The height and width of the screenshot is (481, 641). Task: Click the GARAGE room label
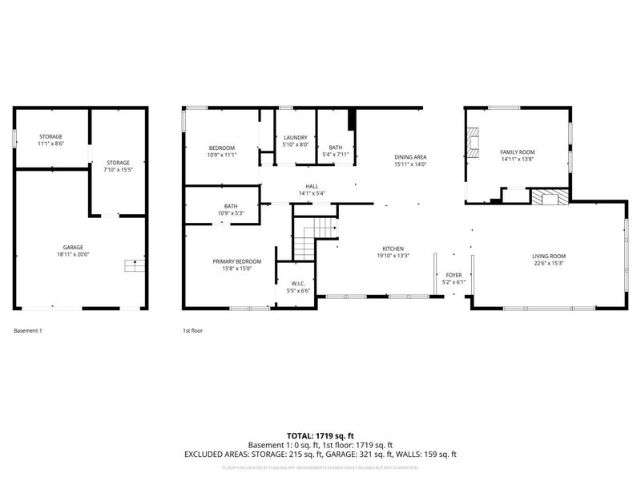pos(74,247)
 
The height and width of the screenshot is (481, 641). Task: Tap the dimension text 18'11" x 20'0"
pos(74,255)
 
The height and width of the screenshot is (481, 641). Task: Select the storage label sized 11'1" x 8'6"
pos(50,137)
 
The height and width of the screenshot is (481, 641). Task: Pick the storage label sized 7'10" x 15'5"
pos(118,163)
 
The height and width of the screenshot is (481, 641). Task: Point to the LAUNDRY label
pos(295,138)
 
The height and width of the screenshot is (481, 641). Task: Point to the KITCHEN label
pos(393,249)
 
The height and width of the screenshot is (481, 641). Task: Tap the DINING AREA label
pos(409,157)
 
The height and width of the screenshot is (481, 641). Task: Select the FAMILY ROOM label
pos(517,152)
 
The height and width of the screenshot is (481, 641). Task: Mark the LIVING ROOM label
pos(549,256)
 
